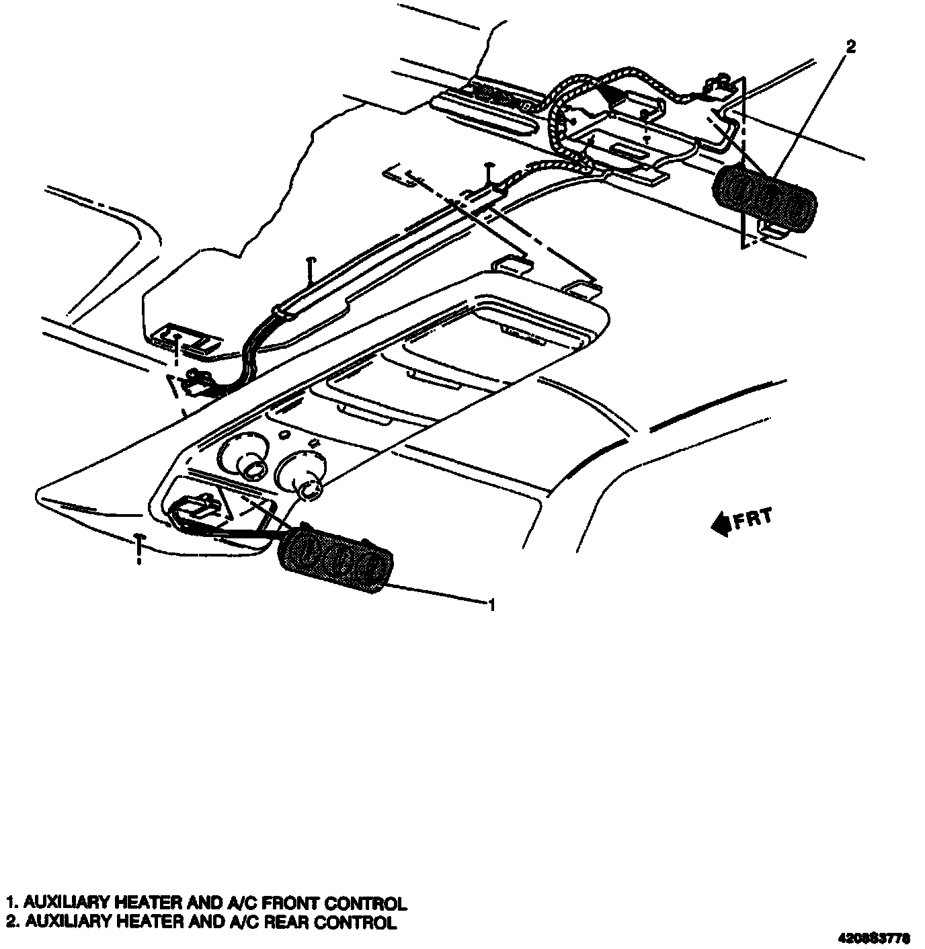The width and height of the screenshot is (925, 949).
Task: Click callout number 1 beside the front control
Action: point(492,605)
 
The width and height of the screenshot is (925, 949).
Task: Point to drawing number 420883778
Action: point(874,937)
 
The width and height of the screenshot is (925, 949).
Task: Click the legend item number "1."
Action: point(11,903)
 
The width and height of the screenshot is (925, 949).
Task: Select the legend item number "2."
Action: point(11,921)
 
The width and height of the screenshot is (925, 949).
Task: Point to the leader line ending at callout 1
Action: point(437,595)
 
